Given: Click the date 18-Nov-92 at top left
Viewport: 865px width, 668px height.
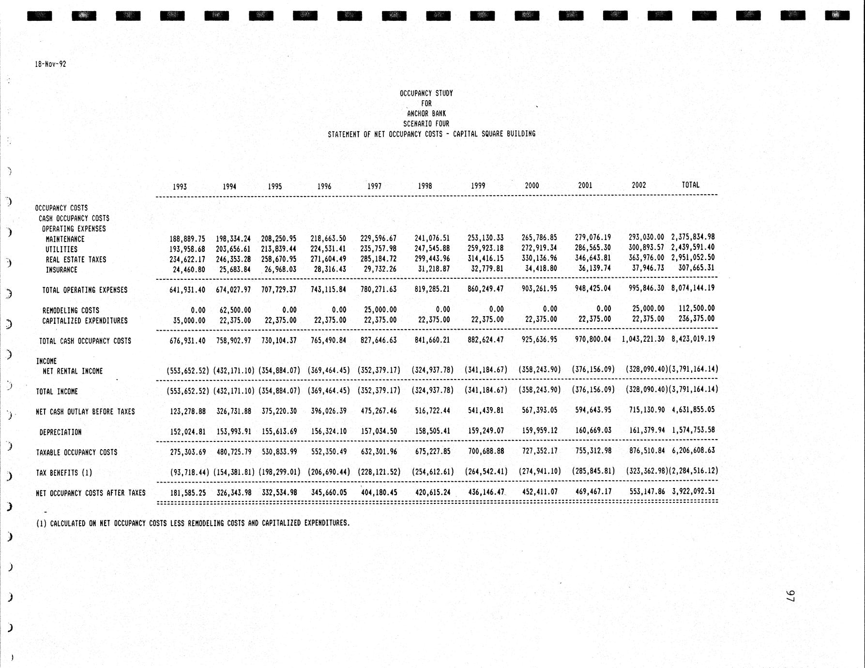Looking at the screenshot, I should pos(50,64).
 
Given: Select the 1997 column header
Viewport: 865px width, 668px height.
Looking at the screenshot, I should pos(374,186).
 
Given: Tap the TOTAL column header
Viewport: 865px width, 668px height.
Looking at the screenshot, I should pos(690,184).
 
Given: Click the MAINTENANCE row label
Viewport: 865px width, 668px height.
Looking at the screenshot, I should pos(65,239).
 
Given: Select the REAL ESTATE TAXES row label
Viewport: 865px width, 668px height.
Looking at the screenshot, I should pos(76,259).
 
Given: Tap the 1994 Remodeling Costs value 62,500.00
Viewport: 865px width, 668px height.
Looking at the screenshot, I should pos(233,310).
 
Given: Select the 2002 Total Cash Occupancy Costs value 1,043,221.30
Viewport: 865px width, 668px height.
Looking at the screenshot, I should pos(643,339).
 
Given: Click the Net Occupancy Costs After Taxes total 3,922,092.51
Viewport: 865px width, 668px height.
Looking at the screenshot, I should pos(693,491).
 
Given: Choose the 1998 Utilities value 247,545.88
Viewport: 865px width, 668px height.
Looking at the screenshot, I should pos(432,249).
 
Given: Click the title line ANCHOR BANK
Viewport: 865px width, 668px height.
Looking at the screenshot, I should pos(426,114).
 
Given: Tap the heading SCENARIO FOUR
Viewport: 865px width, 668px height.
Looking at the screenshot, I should pos(426,124).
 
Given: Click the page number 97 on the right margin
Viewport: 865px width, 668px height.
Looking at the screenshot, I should pos(790,596).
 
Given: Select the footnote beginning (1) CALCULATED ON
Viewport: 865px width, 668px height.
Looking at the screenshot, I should pos(193,523).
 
